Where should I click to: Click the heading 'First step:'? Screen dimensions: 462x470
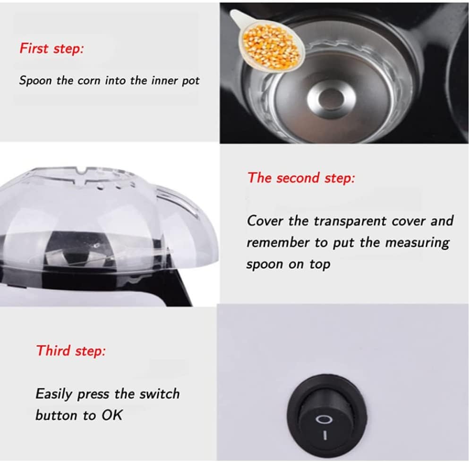click(x=51, y=49)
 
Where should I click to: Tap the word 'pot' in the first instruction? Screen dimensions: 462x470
click(x=191, y=81)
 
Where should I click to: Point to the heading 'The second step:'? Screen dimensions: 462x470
click(x=301, y=178)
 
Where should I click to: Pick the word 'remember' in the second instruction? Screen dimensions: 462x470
click(x=278, y=242)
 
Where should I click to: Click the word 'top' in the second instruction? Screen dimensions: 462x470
click(x=320, y=264)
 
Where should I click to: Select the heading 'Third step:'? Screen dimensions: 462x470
click(x=71, y=351)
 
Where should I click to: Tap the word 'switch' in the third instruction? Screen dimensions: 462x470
click(x=160, y=393)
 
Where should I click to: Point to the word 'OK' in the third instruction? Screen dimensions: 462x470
click(x=111, y=415)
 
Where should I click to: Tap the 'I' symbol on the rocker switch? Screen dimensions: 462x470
click(x=325, y=435)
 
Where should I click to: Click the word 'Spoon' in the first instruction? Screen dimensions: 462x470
click(x=35, y=81)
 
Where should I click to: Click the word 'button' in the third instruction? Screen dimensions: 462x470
click(x=56, y=415)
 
